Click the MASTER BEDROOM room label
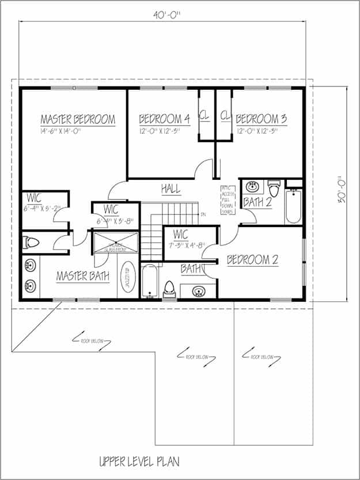78,119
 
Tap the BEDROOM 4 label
164,119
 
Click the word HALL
170,188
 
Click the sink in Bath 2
252,187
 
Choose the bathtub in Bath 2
293,206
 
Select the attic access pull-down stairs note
228,200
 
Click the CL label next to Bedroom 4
204,116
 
